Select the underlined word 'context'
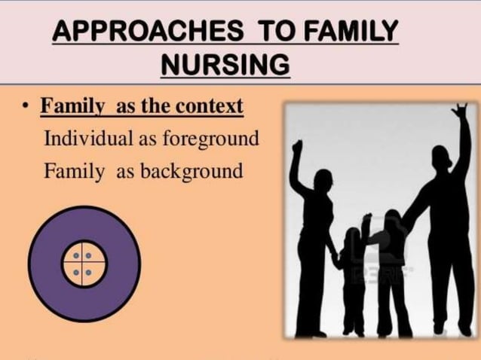(209, 107)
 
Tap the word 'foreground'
(212, 139)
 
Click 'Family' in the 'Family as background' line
(74, 171)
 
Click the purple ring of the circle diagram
(49, 263)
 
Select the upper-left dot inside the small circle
(77, 257)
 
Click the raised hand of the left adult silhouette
(297, 146)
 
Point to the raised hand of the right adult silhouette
(459, 113)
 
